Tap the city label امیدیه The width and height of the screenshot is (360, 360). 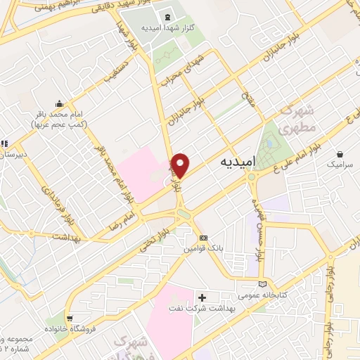click(236, 162)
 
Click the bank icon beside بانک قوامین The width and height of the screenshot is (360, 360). click(203, 238)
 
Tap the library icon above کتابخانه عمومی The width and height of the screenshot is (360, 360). click(263, 284)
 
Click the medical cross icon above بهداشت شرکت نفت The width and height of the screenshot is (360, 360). click(202, 297)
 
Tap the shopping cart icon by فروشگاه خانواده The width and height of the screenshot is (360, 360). click(68, 318)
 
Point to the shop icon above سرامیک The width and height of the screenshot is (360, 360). click(341, 153)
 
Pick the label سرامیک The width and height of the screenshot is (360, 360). click(340, 164)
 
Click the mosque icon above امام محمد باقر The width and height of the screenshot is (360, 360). click(58, 103)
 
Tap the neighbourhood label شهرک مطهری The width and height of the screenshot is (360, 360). click(295, 120)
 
